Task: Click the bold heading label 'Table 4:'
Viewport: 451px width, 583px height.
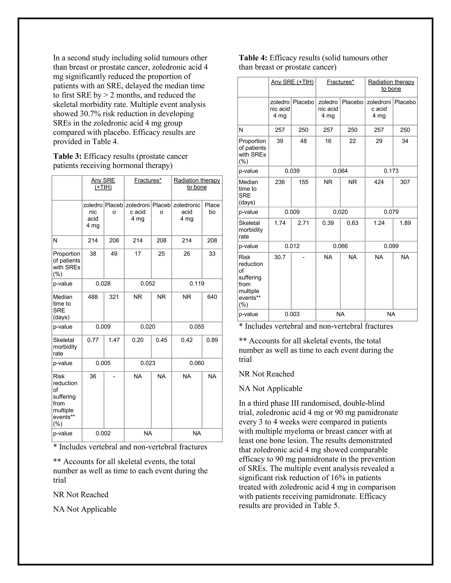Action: [x=253, y=58]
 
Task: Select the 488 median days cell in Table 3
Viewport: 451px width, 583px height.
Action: [x=93, y=297]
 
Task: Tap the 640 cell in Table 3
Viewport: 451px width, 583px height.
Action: [x=212, y=297]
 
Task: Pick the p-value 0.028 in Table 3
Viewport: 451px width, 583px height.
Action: [x=103, y=284]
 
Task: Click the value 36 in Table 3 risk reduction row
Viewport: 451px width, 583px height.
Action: [x=93, y=376]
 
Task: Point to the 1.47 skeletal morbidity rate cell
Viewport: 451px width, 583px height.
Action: [x=114, y=340]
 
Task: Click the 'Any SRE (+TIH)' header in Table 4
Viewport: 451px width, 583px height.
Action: [x=292, y=82]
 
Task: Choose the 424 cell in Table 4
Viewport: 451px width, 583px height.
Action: [x=379, y=182]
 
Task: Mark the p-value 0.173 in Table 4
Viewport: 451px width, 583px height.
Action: [x=391, y=171]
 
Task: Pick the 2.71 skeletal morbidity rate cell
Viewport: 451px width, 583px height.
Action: [x=303, y=223]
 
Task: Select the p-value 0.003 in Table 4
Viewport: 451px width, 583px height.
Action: [x=292, y=314]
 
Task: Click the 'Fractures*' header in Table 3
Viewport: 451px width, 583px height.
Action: [x=148, y=180]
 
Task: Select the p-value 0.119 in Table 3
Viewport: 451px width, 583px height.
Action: [x=197, y=284]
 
